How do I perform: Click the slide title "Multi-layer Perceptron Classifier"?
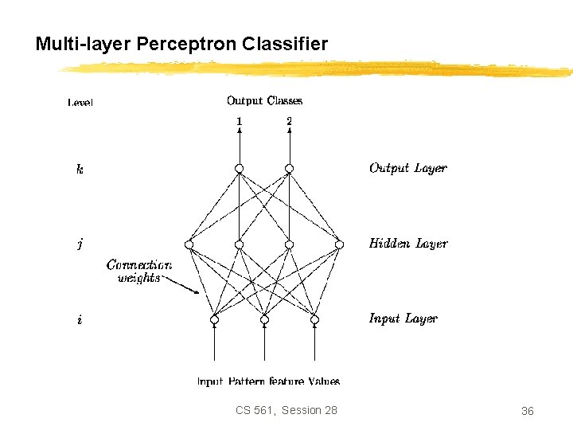coord(181,44)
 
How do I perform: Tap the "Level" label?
coord(80,102)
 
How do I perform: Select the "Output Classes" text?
coord(264,100)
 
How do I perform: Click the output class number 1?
coord(239,121)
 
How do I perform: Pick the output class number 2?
coord(289,121)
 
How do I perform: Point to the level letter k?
coord(80,169)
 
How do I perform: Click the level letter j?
coord(80,244)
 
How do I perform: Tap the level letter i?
coord(80,320)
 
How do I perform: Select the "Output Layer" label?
coord(407,168)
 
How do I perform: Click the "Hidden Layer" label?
coord(408,244)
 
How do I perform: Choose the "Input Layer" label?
coord(403,319)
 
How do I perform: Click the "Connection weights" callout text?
coord(138,272)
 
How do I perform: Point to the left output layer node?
coord(239,169)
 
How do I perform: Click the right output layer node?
coord(289,169)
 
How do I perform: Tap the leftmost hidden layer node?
coord(189,244)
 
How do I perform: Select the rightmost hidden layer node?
coord(339,244)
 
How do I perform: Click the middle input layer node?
coord(264,320)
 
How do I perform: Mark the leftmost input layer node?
coord(214,320)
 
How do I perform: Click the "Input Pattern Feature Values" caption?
coord(268,381)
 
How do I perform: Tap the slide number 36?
coord(527,411)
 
